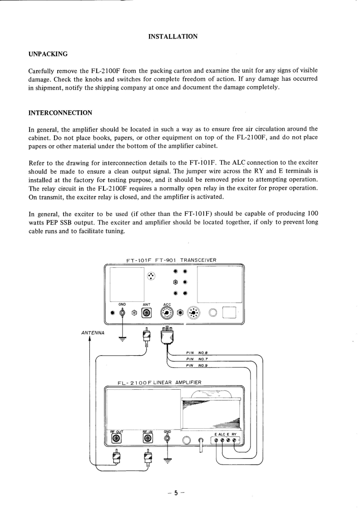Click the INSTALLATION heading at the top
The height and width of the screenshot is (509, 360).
[x=173, y=36]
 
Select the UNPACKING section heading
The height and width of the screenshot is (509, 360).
[x=48, y=54]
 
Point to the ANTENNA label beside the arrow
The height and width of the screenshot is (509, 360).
[x=93, y=333]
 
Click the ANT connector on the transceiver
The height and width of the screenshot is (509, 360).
[x=147, y=313]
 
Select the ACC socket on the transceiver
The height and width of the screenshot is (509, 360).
[x=167, y=313]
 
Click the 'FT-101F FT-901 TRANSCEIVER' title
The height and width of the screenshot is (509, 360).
[x=171, y=260]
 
